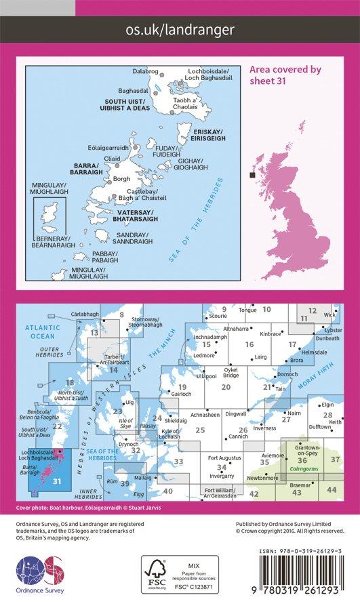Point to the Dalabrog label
[x=144, y=71]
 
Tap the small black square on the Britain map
[x=253, y=176]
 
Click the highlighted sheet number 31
[x=57, y=482]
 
